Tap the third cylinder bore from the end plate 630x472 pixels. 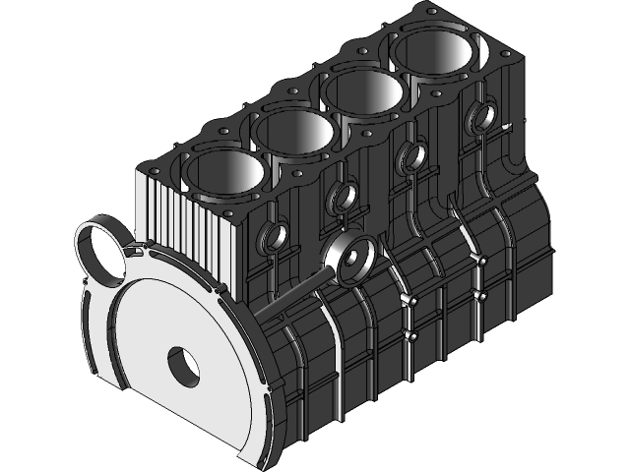click(x=361, y=94)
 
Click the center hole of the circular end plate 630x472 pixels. click(x=183, y=365)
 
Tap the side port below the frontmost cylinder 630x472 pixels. click(x=273, y=237)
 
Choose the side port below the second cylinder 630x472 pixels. click(x=344, y=197)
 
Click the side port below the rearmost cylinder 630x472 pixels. click(x=482, y=117)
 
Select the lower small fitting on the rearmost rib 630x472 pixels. click(x=479, y=294)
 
